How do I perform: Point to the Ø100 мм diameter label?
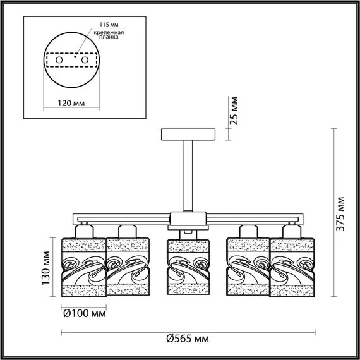click(84, 313)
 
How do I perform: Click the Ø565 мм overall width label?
click(188, 338)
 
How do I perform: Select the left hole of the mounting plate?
click(59, 59)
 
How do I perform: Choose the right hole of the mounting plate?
click(83, 59)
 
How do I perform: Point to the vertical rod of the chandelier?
click(188, 176)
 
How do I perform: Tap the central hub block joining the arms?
click(188, 220)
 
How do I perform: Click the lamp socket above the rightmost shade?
click(292, 229)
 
